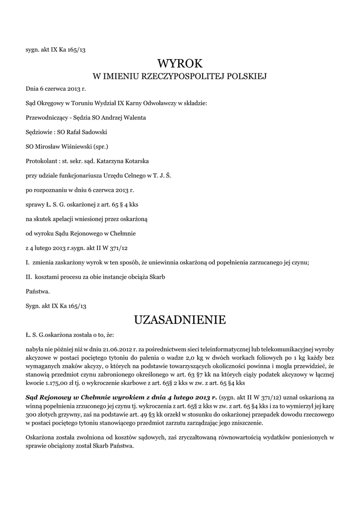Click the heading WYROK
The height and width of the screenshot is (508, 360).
tap(180, 63)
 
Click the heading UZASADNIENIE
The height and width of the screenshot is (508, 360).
tap(180, 319)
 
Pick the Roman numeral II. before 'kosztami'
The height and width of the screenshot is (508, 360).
tap(29, 276)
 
